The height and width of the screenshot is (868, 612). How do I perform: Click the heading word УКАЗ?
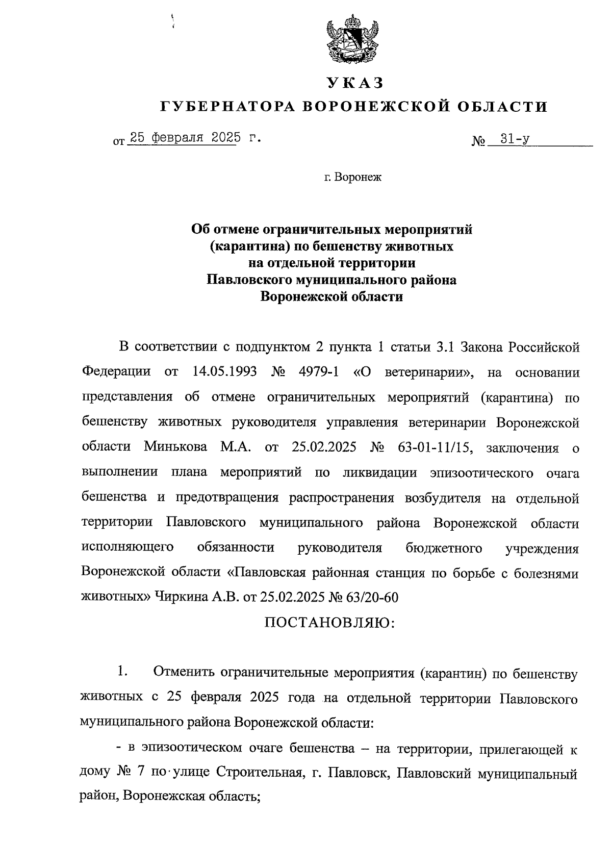pyautogui.click(x=355, y=83)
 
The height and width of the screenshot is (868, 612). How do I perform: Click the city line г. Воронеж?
pyautogui.click(x=352, y=178)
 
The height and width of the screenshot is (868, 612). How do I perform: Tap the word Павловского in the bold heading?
pyautogui.click(x=247, y=280)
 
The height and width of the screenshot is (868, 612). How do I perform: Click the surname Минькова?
pyautogui.click(x=175, y=448)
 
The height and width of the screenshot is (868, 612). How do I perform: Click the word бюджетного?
pyautogui.click(x=444, y=548)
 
